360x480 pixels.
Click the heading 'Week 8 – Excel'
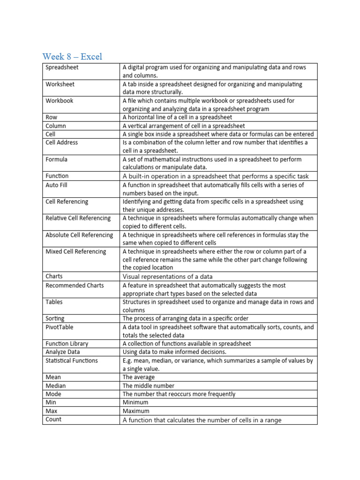tap(72, 57)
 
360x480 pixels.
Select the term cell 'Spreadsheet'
tap(62, 67)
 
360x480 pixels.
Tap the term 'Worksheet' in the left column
tap(60, 84)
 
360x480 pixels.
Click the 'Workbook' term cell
tap(60, 101)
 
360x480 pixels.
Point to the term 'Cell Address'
tap(62, 142)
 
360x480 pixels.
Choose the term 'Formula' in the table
tap(56, 159)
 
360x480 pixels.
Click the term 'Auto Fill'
tap(57, 185)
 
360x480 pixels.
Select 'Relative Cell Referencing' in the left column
tap(78, 218)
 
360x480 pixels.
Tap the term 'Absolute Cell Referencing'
tap(79, 235)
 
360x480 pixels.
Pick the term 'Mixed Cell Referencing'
tap(76, 252)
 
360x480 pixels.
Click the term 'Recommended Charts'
tap(75, 285)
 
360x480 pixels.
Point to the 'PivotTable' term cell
tap(60, 327)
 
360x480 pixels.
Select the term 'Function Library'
tap(67, 344)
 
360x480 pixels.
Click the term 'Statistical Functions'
tap(72, 360)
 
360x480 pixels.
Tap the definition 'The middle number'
tap(148, 386)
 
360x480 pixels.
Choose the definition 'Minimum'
tap(135, 402)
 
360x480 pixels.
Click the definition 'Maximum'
tap(136, 411)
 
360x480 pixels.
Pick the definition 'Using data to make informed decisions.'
tap(174, 352)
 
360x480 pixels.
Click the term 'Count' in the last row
tap(53, 420)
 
